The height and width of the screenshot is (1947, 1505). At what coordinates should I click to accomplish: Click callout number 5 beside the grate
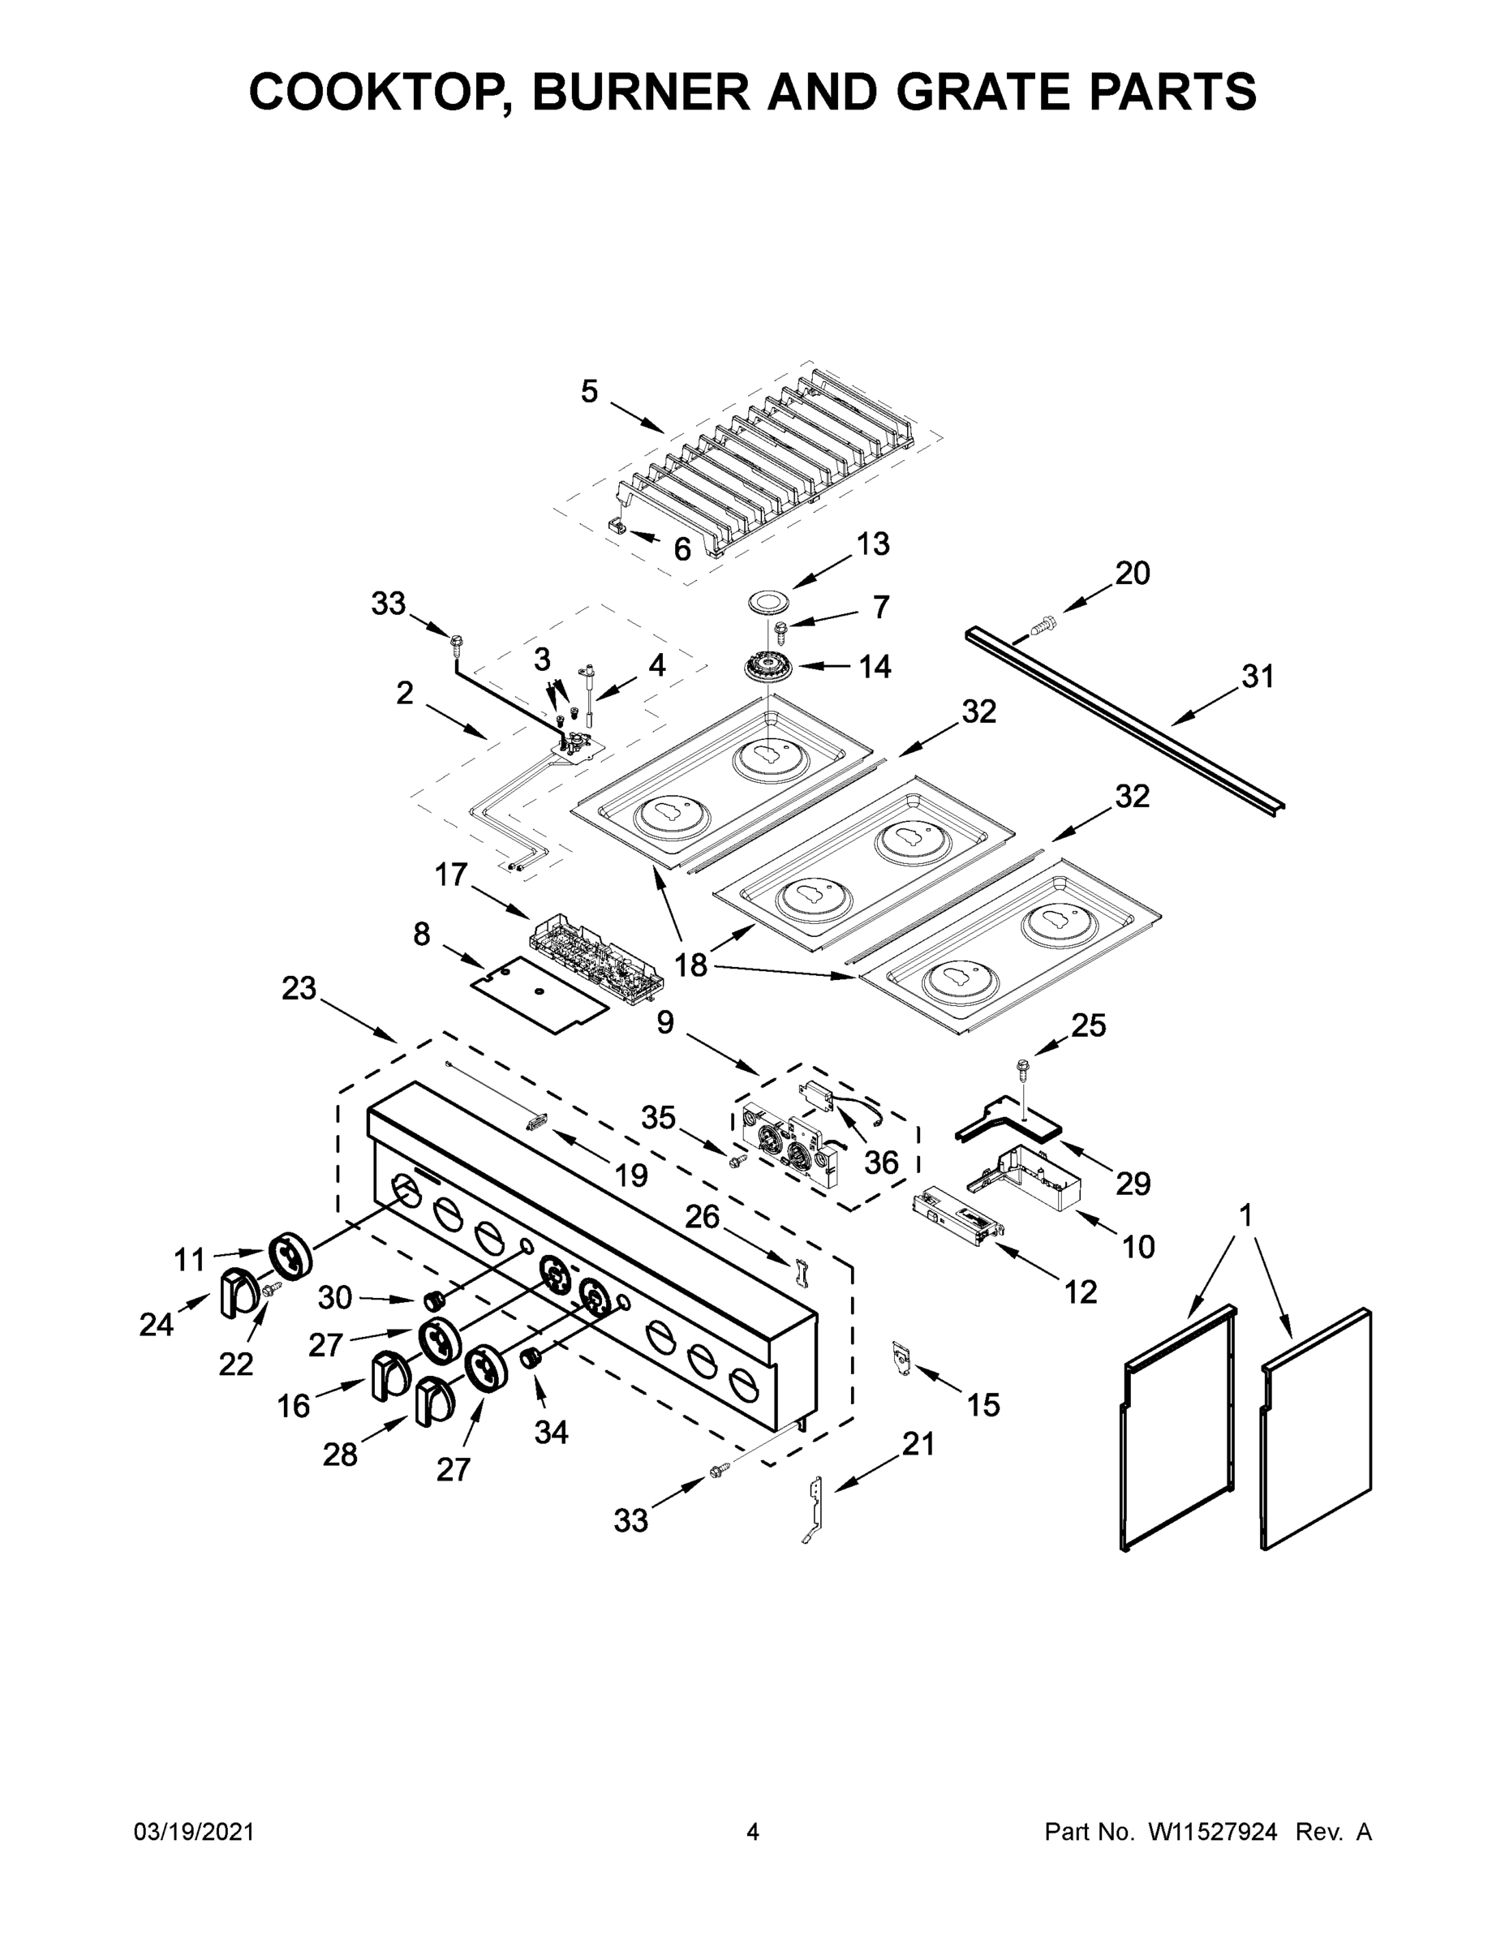tap(589, 391)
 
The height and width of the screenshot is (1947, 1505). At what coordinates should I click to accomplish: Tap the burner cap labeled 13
tap(768, 602)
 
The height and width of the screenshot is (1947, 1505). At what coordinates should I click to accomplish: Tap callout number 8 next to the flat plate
tap(422, 935)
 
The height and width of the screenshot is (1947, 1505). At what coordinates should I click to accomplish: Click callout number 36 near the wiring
tap(881, 1162)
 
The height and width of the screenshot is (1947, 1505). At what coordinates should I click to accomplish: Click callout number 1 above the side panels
tap(1245, 1215)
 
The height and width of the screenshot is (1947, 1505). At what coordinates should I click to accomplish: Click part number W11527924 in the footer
tap(1213, 1832)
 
